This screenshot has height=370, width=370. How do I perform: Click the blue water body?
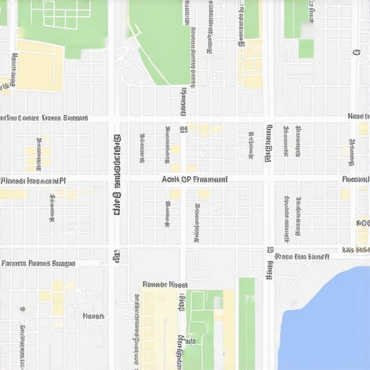click(329, 318)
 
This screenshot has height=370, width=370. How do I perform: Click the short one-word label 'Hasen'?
click(93, 316)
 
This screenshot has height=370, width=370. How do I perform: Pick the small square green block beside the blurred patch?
click(306, 48)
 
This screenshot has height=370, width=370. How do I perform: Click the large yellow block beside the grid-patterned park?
click(39, 66)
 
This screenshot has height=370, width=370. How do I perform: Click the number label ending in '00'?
click(363, 223)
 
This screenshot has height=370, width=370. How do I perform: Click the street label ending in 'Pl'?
click(33, 181)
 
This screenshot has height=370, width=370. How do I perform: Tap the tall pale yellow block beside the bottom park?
click(228, 329)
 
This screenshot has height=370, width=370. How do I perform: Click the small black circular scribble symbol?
click(356, 52)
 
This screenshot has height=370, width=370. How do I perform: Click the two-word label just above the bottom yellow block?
click(165, 285)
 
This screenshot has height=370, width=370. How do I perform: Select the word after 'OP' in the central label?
click(210, 179)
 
